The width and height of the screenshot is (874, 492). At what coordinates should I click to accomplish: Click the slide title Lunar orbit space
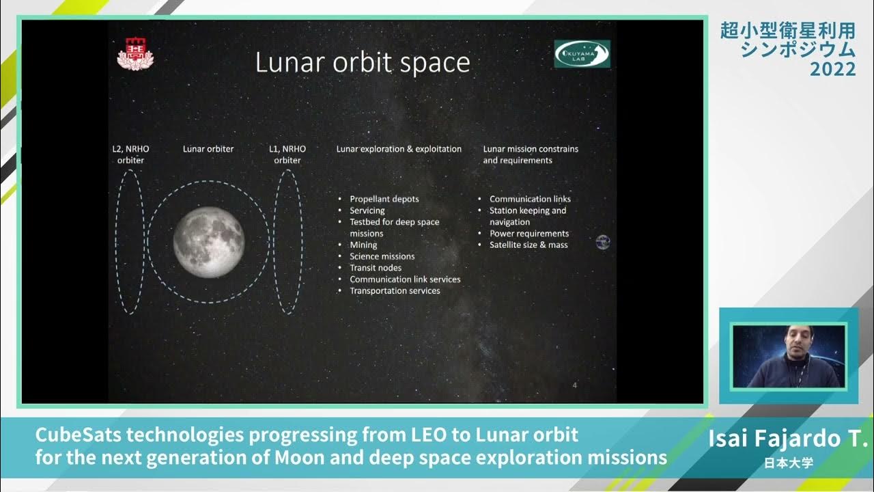click(x=363, y=62)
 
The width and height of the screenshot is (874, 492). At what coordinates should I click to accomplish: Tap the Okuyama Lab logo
click(x=582, y=54)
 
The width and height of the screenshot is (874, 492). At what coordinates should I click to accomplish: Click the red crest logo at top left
click(x=135, y=53)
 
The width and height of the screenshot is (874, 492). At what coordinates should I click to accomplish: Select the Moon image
click(x=208, y=242)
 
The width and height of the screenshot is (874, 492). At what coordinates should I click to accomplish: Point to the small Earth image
click(x=602, y=241)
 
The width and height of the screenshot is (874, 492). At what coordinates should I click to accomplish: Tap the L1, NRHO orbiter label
click(x=287, y=154)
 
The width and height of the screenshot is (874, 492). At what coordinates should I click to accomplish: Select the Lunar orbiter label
click(x=208, y=149)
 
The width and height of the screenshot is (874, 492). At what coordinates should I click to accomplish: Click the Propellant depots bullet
click(x=384, y=199)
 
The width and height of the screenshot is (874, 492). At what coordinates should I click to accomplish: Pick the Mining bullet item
click(x=363, y=245)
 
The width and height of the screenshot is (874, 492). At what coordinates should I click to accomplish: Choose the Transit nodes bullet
click(x=376, y=268)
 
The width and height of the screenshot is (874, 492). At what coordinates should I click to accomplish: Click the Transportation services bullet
click(x=395, y=290)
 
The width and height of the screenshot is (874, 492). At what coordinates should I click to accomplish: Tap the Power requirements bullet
click(x=529, y=233)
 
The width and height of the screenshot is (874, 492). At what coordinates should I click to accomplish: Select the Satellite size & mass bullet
click(x=528, y=245)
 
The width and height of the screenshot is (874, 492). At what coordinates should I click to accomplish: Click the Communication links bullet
click(x=530, y=199)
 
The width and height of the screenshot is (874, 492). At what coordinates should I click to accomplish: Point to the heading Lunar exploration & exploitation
click(x=399, y=149)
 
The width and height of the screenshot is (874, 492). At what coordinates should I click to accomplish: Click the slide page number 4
click(x=574, y=385)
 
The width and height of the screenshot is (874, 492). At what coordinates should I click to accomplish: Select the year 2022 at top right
click(x=832, y=69)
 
